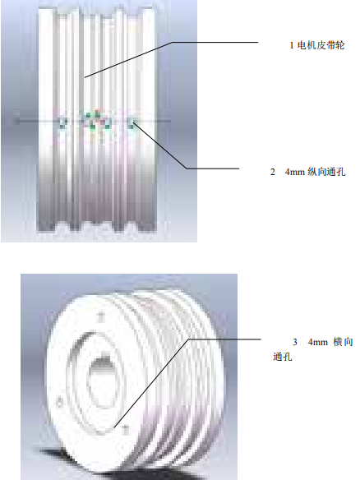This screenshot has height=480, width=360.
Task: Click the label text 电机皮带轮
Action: [321, 45]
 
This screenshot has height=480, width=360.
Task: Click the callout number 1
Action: [292, 45]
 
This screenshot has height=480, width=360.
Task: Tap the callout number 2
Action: [272, 172]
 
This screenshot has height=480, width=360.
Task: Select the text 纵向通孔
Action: [326, 172]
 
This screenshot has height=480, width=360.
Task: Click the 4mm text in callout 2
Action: [295, 172]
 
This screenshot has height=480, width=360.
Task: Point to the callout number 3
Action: [295, 342]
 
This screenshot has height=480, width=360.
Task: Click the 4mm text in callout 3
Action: [318, 342]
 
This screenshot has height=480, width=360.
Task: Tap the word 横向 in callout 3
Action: [343, 342]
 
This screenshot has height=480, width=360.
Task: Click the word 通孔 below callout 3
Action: [282, 357]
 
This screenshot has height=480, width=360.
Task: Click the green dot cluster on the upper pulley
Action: [97, 120]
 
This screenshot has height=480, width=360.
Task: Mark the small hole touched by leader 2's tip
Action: [132, 123]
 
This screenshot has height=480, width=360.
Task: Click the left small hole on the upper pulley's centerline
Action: [63, 122]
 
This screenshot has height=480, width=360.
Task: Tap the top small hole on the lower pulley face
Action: [101, 316]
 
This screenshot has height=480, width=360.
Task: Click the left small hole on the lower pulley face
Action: [59, 401]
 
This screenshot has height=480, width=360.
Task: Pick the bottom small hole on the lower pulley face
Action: [125, 429]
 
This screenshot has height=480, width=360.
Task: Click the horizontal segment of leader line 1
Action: [215, 42]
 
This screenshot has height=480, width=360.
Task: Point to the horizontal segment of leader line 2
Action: [213, 168]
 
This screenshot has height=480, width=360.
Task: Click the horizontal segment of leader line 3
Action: [224, 339]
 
